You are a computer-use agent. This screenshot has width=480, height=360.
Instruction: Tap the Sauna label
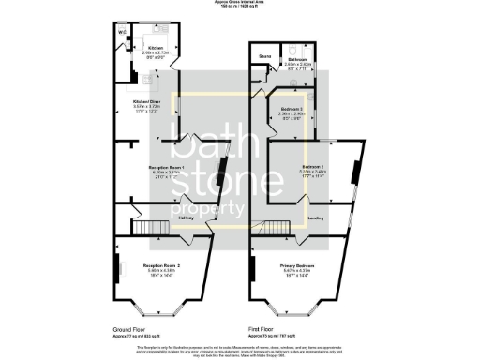coord(265,58)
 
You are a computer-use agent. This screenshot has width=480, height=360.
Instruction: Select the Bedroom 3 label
coord(293,109)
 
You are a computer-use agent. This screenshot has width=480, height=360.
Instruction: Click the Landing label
coord(317,218)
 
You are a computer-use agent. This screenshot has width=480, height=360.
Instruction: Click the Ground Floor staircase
coord(146,226)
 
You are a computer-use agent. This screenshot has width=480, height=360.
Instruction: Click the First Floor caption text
coord(262,329)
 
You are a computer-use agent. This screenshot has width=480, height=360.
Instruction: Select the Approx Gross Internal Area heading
coord(239,4)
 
